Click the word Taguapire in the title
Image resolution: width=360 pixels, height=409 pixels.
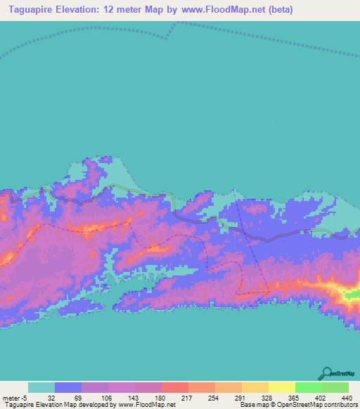point(34,10)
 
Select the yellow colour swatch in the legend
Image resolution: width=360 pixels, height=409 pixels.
point(281,387)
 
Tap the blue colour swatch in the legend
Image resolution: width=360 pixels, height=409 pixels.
point(68,387)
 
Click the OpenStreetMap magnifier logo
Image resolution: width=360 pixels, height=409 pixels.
point(328,373)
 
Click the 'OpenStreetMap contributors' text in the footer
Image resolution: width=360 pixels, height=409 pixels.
point(321,405)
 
